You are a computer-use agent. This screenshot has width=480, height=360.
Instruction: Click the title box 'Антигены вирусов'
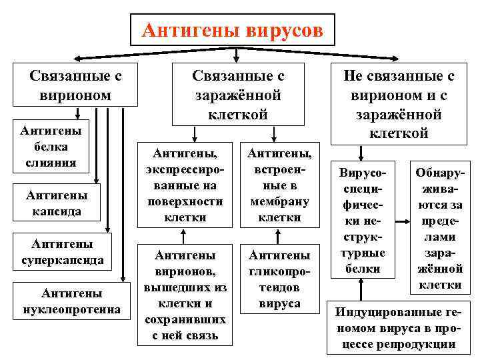233,30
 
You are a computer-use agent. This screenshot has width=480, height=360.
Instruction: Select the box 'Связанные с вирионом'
75,85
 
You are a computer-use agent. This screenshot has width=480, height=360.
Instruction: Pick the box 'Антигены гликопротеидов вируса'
279,279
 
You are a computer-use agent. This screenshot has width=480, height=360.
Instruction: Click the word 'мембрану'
279,201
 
